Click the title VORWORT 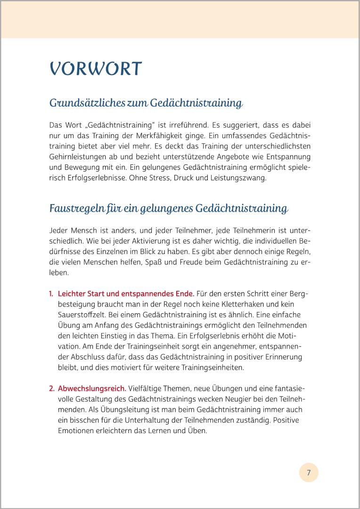tap(96, 69)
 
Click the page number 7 tap(309, 472)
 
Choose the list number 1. tap(51, 294)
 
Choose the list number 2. tap(51, 389)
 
